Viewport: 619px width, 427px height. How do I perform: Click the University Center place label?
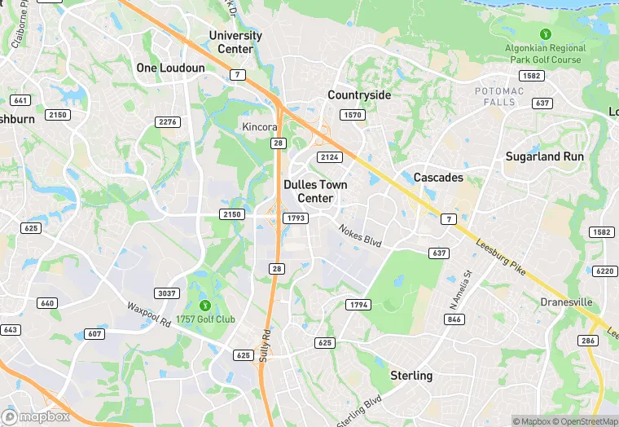pos(235,42)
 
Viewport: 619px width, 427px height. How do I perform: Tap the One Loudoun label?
pos(170,68)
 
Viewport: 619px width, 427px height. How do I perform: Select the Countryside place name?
pos(359,95)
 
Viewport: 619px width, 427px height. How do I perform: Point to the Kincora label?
pos(260,127)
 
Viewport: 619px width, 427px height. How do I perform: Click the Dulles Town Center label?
pos(315,191)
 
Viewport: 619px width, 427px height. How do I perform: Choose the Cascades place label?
pos(438,178)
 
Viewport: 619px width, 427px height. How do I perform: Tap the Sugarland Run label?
pos(545,156)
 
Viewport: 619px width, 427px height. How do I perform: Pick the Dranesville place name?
pos(566,302)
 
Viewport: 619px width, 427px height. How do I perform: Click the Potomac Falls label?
pos(500,97)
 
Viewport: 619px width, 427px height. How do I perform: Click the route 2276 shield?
pos(167,122)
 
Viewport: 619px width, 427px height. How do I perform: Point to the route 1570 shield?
pos(353,116)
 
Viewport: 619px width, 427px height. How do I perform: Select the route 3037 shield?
pos(166,293)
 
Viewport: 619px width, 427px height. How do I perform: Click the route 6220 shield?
pos(605,271)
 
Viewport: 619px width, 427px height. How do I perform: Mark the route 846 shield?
pos(454,319)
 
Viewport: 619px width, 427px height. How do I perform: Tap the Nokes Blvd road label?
pos(360,236)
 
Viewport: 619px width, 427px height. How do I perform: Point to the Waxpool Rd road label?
pos(147,315)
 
